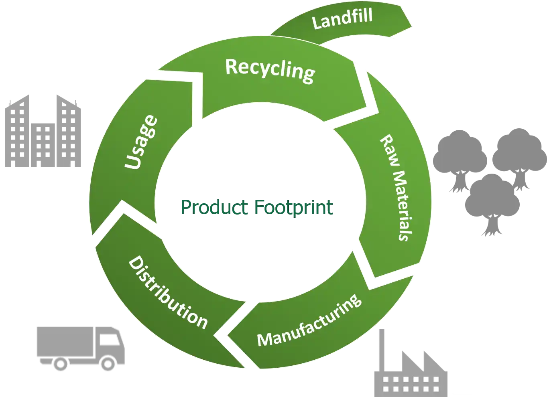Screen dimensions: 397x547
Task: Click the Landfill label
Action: [342, 18]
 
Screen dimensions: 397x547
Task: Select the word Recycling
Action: [270, 71]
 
